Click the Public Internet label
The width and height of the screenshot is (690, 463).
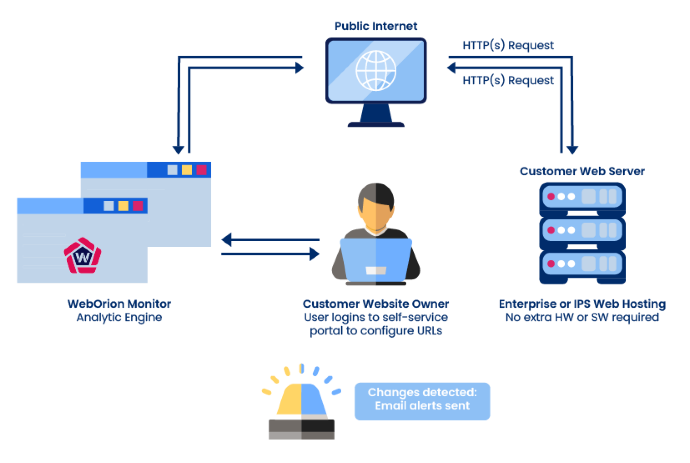point(376,26)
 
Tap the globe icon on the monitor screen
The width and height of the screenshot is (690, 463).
point(376,71)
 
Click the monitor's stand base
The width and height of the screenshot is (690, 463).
point(376,125)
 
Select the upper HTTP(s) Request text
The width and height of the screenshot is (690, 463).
point(508,45)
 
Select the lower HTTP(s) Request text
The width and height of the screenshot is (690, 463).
point(508,81)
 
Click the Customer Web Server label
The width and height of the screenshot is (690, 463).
point(582,172)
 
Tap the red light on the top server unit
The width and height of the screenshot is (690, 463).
point(551,196)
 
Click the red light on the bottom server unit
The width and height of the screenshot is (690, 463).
point(551,264)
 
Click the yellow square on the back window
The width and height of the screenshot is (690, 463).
point(187,170)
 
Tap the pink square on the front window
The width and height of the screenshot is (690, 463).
point(138,206)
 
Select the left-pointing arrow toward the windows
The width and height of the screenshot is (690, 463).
point(227,240)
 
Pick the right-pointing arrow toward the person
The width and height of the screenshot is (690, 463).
point(314,254)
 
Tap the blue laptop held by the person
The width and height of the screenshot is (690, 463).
point(376,259)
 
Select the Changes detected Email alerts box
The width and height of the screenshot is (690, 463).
point(422,401)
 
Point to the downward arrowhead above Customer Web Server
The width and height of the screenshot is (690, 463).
point(572,150)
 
